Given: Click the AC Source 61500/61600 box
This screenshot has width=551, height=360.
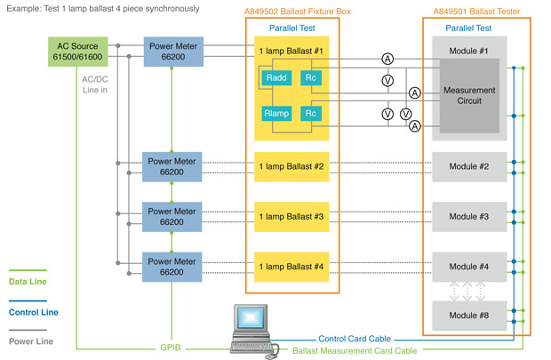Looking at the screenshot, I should (x=78, y=52).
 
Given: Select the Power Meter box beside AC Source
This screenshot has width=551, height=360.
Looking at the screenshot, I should (x=172, y=52).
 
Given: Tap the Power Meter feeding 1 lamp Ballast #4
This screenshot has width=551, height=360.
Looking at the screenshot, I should (x=172, y=267).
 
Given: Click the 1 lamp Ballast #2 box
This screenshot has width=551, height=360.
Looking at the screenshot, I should (x=291, y=166).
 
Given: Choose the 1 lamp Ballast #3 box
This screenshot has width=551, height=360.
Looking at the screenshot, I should (x=291, y=217).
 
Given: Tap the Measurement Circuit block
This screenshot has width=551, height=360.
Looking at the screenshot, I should (x=469, y=95).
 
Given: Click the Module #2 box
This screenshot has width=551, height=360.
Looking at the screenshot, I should (x=468, y=166).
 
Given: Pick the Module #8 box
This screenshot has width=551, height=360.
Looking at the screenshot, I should (x=468, y=316).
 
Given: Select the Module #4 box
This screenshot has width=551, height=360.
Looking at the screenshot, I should (x=468, y=267).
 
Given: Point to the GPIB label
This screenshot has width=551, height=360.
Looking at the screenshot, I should (x=169, y=348).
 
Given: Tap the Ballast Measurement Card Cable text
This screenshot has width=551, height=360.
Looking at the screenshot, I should (x=355, y=351).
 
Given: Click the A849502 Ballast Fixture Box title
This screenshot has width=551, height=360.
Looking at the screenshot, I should (x=291, y=11).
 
